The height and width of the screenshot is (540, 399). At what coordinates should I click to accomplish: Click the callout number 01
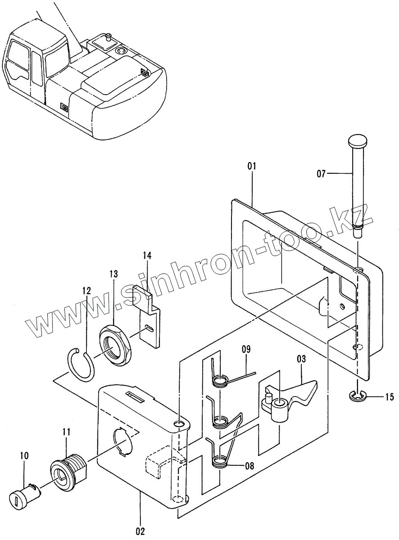251,166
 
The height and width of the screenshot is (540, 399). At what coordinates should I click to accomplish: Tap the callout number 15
389,397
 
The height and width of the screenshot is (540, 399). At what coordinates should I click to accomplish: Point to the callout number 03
301,359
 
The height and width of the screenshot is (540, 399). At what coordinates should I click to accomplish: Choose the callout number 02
141,531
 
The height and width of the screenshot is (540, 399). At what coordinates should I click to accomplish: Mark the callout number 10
24,456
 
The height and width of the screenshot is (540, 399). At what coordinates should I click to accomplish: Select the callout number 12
86,291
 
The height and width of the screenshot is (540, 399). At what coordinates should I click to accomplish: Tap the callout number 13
113,274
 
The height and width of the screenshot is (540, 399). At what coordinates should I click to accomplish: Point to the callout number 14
147,256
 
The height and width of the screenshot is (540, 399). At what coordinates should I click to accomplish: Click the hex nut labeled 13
114,345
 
